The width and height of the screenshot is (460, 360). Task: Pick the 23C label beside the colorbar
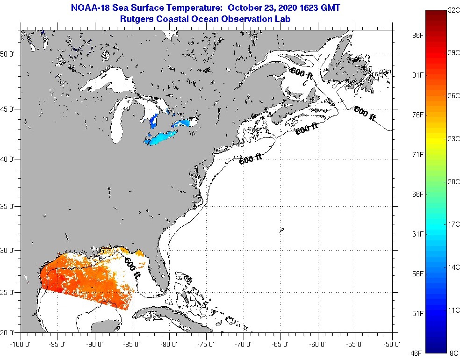[x=453, y=138]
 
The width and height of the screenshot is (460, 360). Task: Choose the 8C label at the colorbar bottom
[x=453, y=353]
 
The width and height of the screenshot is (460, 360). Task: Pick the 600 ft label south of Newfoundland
[x=365, y=114]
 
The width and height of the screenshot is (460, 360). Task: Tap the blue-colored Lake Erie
[x=162, y=138]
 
